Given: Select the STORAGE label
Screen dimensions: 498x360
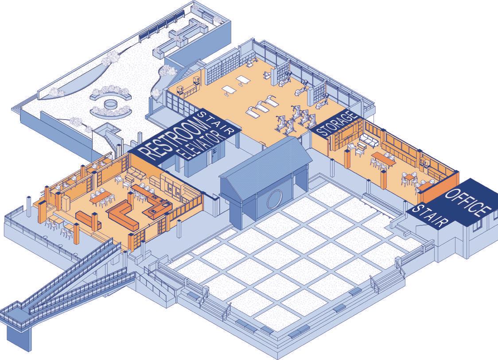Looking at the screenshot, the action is coord(337,124).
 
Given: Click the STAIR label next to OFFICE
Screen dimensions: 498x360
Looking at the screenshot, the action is coord(427,216).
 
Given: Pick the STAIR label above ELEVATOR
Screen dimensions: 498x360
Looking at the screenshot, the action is coord(217,121).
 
